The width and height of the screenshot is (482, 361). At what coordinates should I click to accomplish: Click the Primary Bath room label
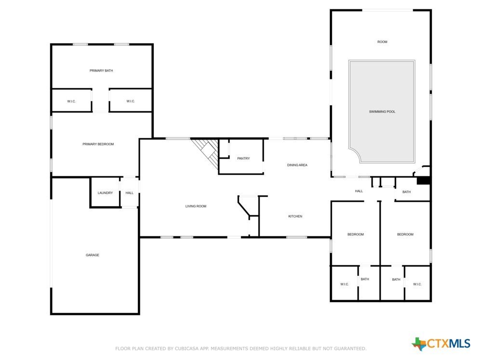coord(101,71)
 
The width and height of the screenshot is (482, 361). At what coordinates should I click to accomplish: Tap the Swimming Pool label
coord(382,112)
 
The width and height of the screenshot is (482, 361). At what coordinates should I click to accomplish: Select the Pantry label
coord(243,158)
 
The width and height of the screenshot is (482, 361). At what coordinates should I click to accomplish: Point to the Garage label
coord(93,255)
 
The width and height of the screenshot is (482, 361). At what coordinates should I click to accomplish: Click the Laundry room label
coord(105,193)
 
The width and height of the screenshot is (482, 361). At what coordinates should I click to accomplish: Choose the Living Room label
coord(196,206)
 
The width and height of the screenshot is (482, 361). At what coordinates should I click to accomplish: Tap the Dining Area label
coord(297,165)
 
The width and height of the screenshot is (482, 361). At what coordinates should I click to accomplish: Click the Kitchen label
coord(295,217)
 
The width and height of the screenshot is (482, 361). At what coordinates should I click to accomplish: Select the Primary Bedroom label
coord(98,144)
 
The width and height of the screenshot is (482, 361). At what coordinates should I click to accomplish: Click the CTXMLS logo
coord(441,344)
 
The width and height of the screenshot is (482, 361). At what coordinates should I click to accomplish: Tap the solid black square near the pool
coord(423,180)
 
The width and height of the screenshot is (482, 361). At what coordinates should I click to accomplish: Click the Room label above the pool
coord(382,42)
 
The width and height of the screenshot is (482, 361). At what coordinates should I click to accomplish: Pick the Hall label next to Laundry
coord(129,193)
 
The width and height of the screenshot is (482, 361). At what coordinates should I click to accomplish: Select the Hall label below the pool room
coord(359,191)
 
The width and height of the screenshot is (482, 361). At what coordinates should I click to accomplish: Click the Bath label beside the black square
coord(406,192)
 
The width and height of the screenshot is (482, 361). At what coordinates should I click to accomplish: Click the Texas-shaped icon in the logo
coord(419,344)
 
